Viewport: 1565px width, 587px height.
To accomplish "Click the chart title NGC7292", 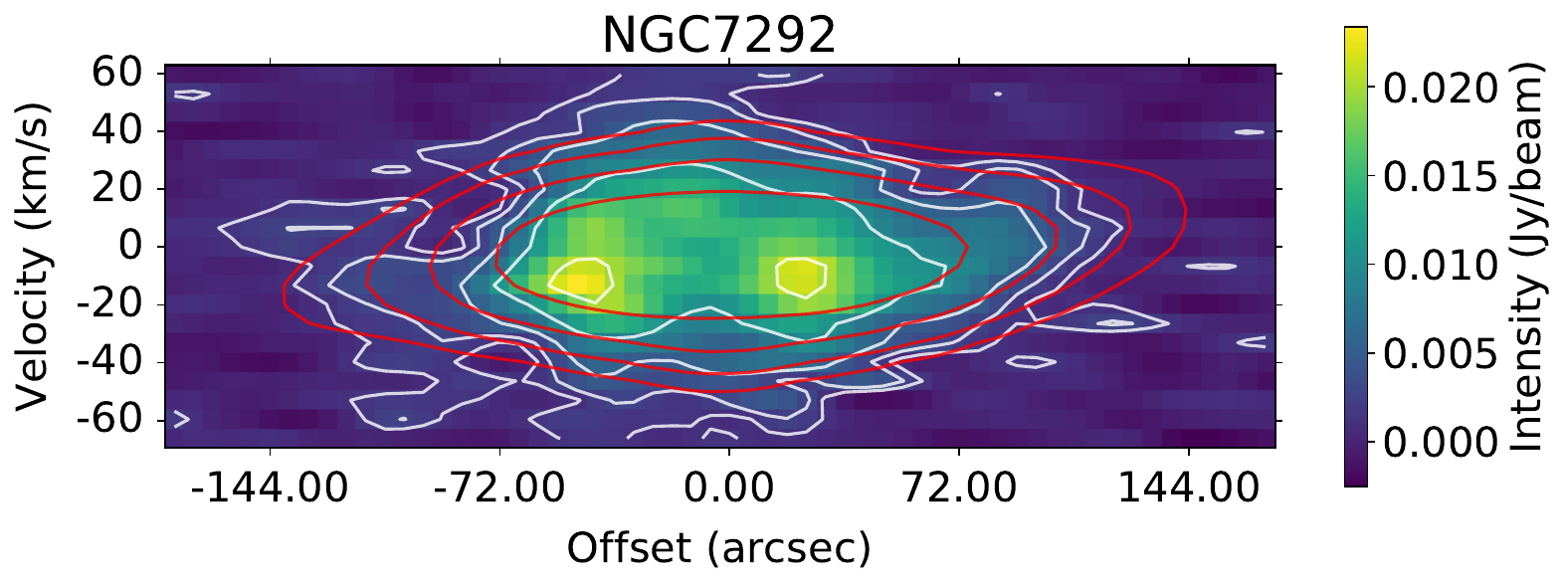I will click(718, 36).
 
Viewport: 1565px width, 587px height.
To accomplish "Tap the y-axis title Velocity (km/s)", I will click(33, 246).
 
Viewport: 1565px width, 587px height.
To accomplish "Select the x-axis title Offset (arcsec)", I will click(718, 548).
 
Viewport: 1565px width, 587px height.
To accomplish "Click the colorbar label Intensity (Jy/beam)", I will click(1527, 256).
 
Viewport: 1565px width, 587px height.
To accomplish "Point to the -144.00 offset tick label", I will click(269, 489).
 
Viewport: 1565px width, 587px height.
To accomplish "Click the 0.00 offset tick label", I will click(728, 489).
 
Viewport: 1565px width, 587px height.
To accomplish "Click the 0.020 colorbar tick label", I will click(1440, 89).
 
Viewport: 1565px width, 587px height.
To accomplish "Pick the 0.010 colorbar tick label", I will click(1440, 266).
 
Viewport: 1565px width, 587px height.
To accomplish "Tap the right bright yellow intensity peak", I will click(801, 276).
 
